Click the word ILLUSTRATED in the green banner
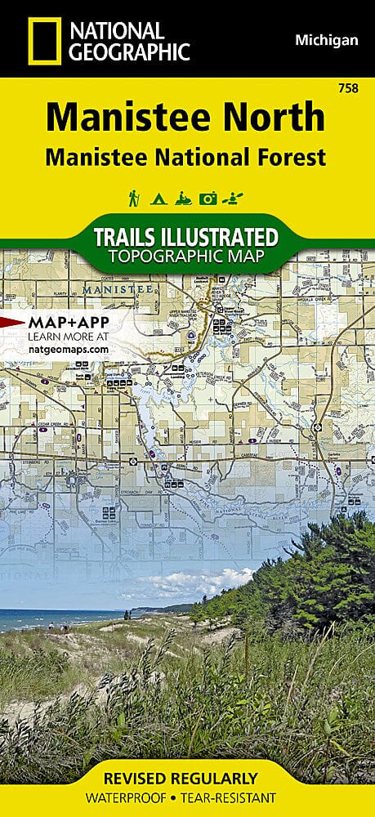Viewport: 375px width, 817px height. click(226, 238)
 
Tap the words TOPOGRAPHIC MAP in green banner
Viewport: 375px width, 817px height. click(187, 257)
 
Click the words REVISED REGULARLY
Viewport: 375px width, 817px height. click(187, 779)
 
